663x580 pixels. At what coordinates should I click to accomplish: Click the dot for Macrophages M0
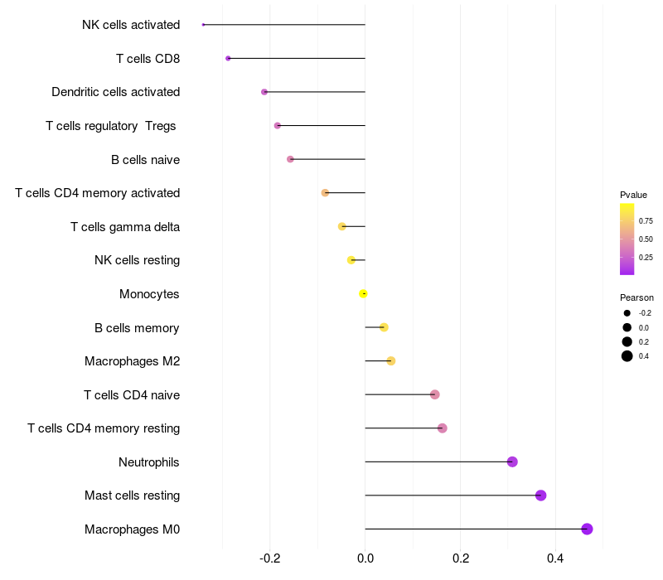coord(587,529)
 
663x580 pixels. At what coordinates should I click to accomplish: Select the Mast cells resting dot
coord(540,495)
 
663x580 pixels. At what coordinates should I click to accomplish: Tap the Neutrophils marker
coord(512,462)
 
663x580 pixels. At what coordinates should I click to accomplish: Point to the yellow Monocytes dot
coord(363,293)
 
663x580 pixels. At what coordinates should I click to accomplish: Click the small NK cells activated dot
coord(203,25)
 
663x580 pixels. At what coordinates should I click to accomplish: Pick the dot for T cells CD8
coord(228,58)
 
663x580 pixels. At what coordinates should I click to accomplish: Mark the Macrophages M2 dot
coord(391,360)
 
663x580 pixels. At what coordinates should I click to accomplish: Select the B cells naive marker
coord(290,159)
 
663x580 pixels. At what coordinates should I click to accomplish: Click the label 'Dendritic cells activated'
coord(115,92)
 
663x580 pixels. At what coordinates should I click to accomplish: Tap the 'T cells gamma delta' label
coord(125,226)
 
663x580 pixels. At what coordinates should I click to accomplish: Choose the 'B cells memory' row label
coord(137,327)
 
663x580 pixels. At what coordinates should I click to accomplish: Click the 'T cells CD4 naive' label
coord(132,394)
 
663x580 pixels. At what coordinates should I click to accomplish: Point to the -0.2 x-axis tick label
coord(270,558)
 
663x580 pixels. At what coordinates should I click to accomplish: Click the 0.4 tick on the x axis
coord(555,558)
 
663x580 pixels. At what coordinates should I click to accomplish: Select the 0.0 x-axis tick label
coord(365,558)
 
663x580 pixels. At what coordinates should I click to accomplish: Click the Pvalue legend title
coord(633,195)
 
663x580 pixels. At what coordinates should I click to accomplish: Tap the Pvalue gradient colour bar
coord(627,239)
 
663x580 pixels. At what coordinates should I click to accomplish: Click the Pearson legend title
coord(636,297)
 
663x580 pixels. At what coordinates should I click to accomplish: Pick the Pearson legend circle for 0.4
coord(627,356)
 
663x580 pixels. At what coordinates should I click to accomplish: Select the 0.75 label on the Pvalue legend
coord(646,221)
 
